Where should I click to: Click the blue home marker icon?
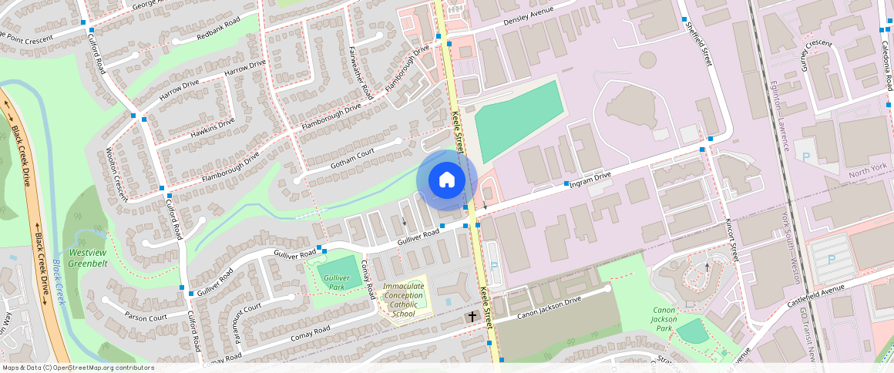point(446,180)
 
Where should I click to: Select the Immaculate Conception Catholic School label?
point(403,300)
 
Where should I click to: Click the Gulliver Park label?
point(338,282)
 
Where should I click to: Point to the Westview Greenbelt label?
point(87,257)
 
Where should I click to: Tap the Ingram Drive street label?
point(590,180)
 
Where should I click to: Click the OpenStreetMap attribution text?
point(78,368)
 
